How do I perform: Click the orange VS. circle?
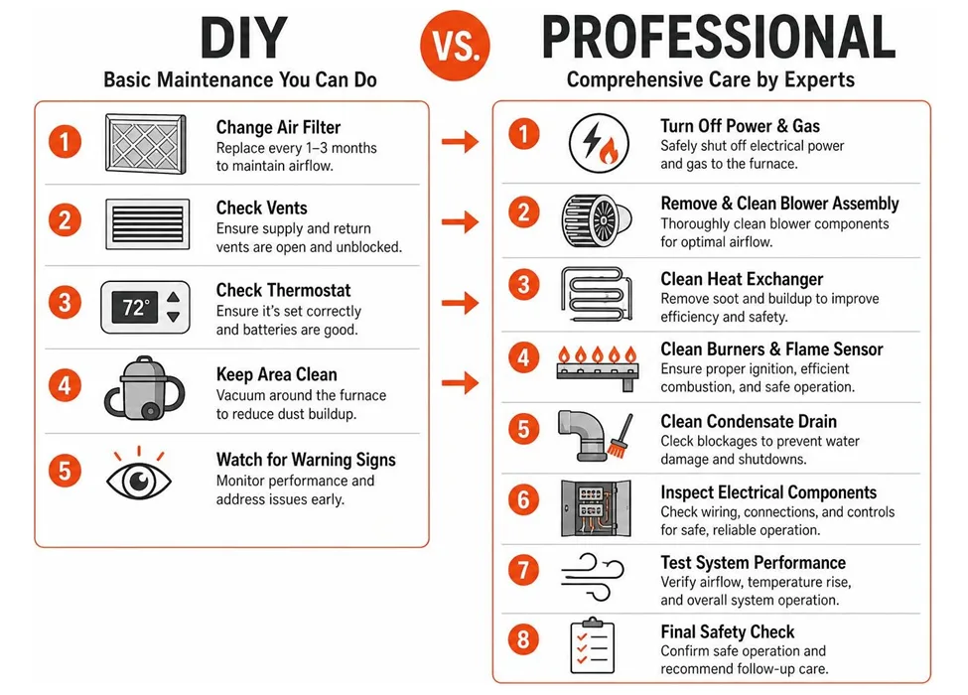pos(455,45)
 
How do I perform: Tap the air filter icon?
pos(146,144)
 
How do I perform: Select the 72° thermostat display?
pos(135,308)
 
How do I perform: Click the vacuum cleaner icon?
pos(145,389)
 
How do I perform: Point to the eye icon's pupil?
pos(140,480)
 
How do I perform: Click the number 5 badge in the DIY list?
pos(65,471)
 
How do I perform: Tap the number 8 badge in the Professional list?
pos(523,639)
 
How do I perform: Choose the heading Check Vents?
pos(262,208)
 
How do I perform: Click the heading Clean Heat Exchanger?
pos(742,279)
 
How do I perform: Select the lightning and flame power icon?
pos(599,143)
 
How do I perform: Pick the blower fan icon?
pos(597,220)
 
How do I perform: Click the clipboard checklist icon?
pos(592,645)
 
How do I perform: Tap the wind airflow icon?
pos(592,577)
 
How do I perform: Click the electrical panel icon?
pos(596,508)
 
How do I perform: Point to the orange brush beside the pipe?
pos(620,437)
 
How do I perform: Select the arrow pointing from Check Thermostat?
pos(460,303)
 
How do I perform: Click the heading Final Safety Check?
pos(727,632)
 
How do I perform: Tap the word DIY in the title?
pos(244,39)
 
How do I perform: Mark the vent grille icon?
pos(148,224)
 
